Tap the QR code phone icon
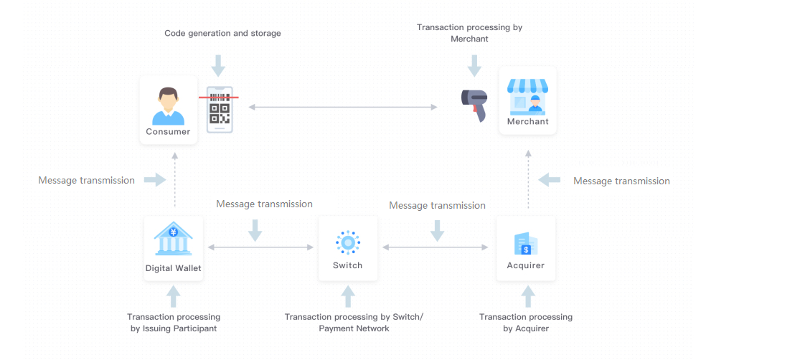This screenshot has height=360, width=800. (220, 109)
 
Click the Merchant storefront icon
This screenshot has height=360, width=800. (527, 97)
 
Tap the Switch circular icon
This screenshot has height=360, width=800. (348, 242)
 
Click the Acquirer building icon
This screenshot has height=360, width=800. (526, 243)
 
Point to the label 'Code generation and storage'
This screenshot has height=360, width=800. (222, 33)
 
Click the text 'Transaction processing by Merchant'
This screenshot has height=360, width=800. (469, 33)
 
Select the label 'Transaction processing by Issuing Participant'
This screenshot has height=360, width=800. (174, 323)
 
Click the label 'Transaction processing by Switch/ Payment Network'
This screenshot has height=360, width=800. (354, 323)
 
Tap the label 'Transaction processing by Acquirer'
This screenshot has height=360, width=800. (526, 323)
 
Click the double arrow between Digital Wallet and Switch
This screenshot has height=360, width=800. (260, 247)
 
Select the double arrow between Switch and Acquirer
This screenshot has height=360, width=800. (435, 247)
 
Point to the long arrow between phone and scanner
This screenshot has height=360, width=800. (343, 107)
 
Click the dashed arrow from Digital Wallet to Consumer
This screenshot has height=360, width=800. (174, 184)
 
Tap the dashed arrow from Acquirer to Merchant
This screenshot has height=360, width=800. (528, 182)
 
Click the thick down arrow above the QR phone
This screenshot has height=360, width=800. (218, 65)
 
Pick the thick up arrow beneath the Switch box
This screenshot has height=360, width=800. (348, 296)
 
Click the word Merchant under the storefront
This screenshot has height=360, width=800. (527, 122)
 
